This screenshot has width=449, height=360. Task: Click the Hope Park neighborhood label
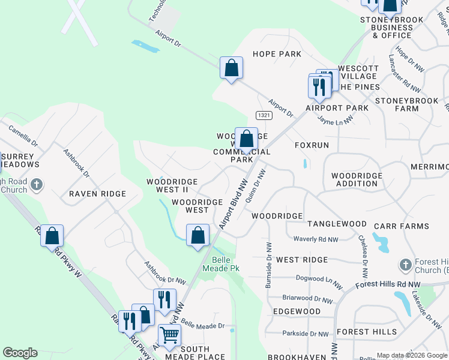pyautogui.click(x=277, y=54)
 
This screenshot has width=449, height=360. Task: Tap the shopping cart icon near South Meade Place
pyautogui.click(x=170, y=335)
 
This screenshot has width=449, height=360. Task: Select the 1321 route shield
pyautogui.click(x=263, y=115)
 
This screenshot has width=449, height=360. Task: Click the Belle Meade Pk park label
pyautogui.click(x=226, y=264)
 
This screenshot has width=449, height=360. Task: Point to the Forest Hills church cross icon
pyautogui.click(x=406, y=265)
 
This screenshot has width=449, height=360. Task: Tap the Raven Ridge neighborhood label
pyautogui.click(x=97, y=194)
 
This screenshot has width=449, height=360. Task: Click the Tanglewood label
pyautogui.click(x=337, y=224)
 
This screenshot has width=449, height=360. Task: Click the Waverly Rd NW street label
pyautogui.click(x=316, y=239)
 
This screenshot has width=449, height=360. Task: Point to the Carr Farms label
pyautogui.click(x=401, y=226)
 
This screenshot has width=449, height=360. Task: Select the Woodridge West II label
pyautogui.click(x=168, y=185)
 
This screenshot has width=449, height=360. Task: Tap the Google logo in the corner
pyautogui.click(x=20, y=353)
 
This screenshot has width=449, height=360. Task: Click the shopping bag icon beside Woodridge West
pyautogui.click(x=197, y=235)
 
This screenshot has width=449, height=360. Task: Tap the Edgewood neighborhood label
pyautogui.click(x=297, y=311)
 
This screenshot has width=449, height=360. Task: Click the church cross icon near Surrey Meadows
pyautogui.click(x=36, y=185)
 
